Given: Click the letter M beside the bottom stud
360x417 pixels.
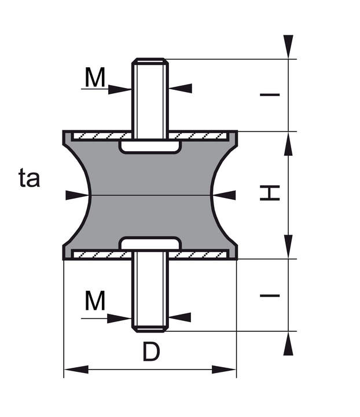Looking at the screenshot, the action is pos(95,301).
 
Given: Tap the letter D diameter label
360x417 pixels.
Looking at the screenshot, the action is pos(152,352).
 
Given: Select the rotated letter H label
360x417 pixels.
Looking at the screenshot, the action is pos(270,193).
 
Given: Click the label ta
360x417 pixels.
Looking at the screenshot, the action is pos(29,178).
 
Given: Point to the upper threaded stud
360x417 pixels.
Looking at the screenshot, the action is pos(150,98).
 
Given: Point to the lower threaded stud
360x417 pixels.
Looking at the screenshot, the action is pos(150,291).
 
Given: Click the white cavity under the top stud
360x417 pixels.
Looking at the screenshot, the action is pos(150,147).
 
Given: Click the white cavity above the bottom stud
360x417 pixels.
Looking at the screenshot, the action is pos(150,243).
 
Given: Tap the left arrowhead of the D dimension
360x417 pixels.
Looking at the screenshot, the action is pos(76,370).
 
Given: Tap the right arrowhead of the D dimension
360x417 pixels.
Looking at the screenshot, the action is pos(224,370).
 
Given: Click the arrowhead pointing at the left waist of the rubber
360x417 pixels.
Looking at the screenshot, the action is pos(77,195).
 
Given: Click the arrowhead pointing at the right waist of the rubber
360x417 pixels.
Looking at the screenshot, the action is pos(224,195).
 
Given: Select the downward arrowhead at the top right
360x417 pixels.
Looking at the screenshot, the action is pos(288,46).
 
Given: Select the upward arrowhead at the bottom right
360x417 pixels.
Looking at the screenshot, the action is pos(288,343).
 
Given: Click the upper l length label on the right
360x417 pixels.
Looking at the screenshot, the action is pos(270,94).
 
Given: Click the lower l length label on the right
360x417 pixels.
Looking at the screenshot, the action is pos(270,295).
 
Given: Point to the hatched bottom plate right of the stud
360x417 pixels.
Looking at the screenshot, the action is pos(198,255).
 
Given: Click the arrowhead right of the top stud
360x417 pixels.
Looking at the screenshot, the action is pos(181,88).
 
